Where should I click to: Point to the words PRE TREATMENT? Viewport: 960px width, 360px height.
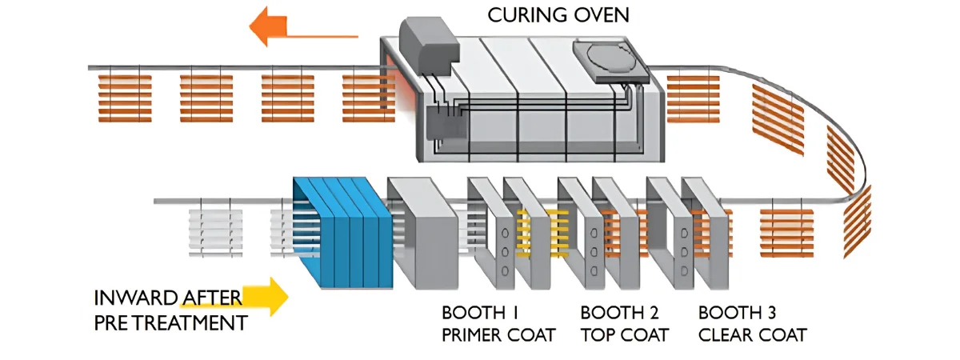[170, 324]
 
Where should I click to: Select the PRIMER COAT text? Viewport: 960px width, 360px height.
[498, 334]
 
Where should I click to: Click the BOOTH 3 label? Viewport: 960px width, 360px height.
[738, 312]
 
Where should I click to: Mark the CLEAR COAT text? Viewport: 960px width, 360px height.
[752, 334]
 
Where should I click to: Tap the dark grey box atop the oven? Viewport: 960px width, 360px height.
[427, 40]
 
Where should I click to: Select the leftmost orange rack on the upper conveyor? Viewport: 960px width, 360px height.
[124, 98]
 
